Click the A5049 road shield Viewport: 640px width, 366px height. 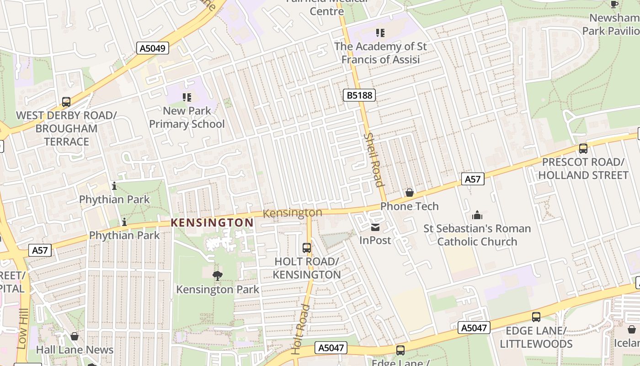click(x=153, y=48)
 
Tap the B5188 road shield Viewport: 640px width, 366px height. click(x=359, y=95)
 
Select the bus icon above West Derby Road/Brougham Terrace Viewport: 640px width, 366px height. click(x=66, y=102)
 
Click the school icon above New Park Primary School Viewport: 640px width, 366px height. click(x=187, y=97)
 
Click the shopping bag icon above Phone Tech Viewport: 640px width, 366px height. click(x=410, y=193)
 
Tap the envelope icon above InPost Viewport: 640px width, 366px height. click(x=375, y=227)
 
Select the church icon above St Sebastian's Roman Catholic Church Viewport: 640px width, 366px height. click(x=477, y=215)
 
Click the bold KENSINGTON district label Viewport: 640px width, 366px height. click(x=212, y=223)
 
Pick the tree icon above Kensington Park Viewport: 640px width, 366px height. click(x=218, y=275)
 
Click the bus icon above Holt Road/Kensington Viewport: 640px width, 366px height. click(x=307, y=248)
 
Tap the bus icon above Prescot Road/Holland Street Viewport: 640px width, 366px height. click(x=583, y=148)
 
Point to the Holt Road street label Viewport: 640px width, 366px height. click(x=301, y=328)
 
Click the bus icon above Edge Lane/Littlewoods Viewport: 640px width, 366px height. click(x=536, y=317)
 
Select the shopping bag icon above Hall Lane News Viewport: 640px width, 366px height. click(x=75, y=336)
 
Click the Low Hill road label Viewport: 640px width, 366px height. click(x=22, y=328)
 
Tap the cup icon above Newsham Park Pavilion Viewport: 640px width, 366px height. click(x=614, y=5)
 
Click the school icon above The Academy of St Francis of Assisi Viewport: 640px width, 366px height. click(x=380, y=33)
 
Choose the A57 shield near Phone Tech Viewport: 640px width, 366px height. click(x=472, y=179)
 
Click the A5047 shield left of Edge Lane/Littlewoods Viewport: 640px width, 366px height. click(x=474, y=328)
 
